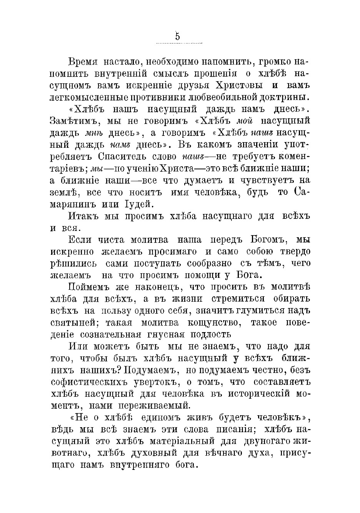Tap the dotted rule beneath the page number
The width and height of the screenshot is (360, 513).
point(180,43)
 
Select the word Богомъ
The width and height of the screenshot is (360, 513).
point(265,240)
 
